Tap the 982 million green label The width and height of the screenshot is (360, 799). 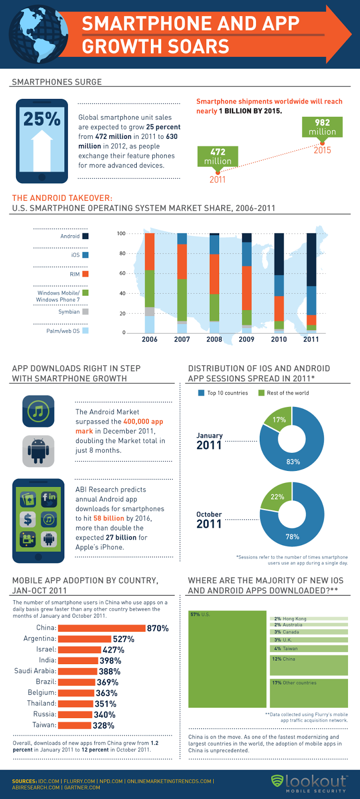322,127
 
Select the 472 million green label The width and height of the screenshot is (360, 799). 218,156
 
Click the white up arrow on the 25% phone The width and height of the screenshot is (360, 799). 42,150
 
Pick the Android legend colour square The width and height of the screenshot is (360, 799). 85,236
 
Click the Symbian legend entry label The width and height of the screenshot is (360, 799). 69,312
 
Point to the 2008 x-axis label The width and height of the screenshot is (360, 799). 214,339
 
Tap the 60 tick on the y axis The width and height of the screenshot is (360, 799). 122,273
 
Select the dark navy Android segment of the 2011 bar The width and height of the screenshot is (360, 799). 311,260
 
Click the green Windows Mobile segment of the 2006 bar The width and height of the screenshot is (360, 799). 149,289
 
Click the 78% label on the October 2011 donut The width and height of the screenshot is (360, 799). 292,536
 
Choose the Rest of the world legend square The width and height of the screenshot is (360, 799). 261,393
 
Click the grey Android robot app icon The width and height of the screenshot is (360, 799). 38,451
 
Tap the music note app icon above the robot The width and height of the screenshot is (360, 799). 38,411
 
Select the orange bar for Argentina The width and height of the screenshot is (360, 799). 84,639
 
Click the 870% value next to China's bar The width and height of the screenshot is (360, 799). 158,628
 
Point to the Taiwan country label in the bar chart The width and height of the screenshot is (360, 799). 44,725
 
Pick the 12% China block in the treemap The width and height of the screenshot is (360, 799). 309,665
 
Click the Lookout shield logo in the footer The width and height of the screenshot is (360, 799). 277,781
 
